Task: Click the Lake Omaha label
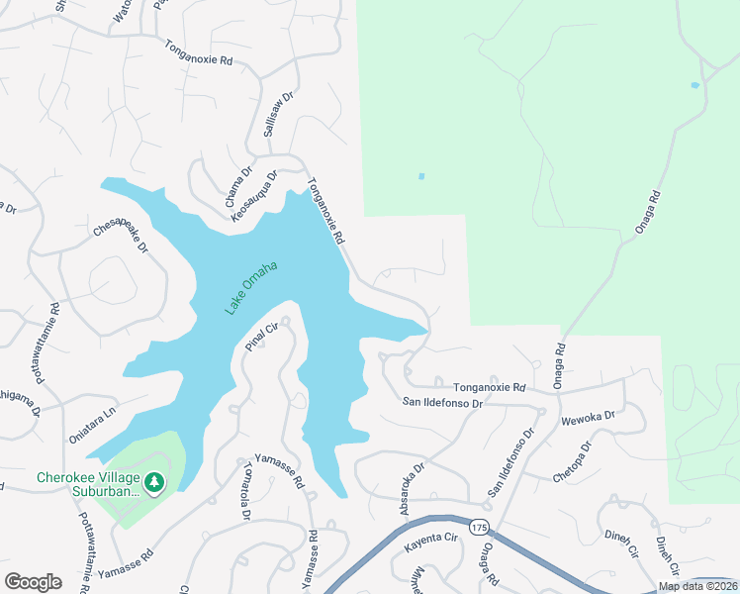tap(250, 287)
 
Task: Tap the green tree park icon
tap(153, 482)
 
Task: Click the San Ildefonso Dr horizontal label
tap(442, 403)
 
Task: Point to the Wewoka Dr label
tap(589, 419)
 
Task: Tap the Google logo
tap(33, 582)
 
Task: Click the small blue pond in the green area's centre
tap(421, 177)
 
